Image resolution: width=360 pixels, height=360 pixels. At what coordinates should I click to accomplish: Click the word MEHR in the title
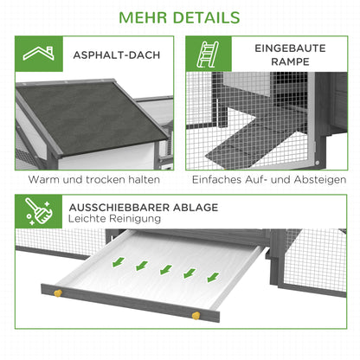145,17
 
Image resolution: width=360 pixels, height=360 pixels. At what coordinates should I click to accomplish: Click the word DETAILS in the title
209,17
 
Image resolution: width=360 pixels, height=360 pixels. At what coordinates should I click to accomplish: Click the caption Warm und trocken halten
93,180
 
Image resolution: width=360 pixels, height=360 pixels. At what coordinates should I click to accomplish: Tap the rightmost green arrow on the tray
212,278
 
